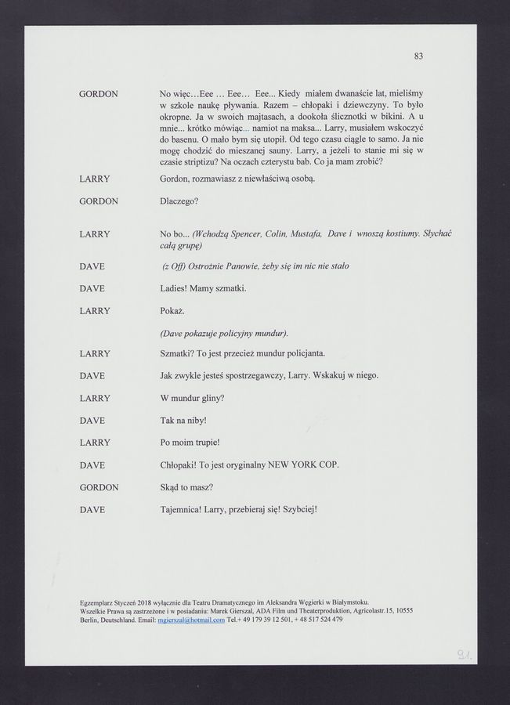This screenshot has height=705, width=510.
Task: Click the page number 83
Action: click(x=419, y=56)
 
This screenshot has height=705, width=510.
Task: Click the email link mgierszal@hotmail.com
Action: click(x=191, y=619)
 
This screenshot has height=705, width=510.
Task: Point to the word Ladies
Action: click(x=172, y=288)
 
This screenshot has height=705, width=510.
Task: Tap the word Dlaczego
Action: click(x=179, y=201)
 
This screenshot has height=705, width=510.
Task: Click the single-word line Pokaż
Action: click(x=172, y=310)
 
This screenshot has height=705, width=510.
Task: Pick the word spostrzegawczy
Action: click(x=268, y=375)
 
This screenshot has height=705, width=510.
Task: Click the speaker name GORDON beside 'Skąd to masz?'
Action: click(x=99, y=486)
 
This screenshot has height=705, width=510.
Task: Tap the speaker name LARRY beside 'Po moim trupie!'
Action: click(x=94, y=443)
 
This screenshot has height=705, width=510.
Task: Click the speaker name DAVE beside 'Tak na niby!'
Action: click(x=92, y=421)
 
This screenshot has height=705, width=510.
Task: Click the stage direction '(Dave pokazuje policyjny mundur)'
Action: click(x=223, y=332)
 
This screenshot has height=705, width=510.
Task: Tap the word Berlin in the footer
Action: click(x=90, y=619)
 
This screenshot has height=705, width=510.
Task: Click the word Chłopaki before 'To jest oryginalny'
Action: click(x=179, y=465)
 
